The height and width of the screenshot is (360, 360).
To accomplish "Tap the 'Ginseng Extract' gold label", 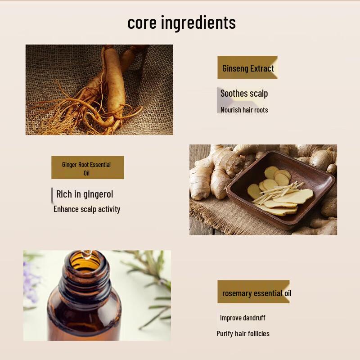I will pyautogui.click(x=247, y=68).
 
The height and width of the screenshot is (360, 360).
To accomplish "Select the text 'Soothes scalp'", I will pyautogui.click(x=244, y=94).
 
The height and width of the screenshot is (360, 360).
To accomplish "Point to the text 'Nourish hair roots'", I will pyautogui.click(x=244, y=110).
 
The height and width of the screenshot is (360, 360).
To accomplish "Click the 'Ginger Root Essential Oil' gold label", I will pyautogui.click(x=87, y=168).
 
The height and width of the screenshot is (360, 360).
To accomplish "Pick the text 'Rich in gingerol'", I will pyautogui.click(x=85, y=194).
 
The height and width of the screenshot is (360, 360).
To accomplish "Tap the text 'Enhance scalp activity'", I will pyautogui.click(x=87, y=209).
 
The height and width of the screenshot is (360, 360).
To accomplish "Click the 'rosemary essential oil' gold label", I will pyautogui.click(x=254, y=292).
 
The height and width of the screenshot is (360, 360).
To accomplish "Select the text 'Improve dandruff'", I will pyautogui.click(x=243, y=318).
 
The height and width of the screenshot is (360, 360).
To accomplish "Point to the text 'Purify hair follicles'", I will pyautogui.click(x=243, y=333).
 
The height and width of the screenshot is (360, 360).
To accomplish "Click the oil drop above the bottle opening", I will pyautogui.click(x=89, y=253).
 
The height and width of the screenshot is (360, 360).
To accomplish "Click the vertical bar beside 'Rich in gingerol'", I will pyautogui.click(x=52, y=195).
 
